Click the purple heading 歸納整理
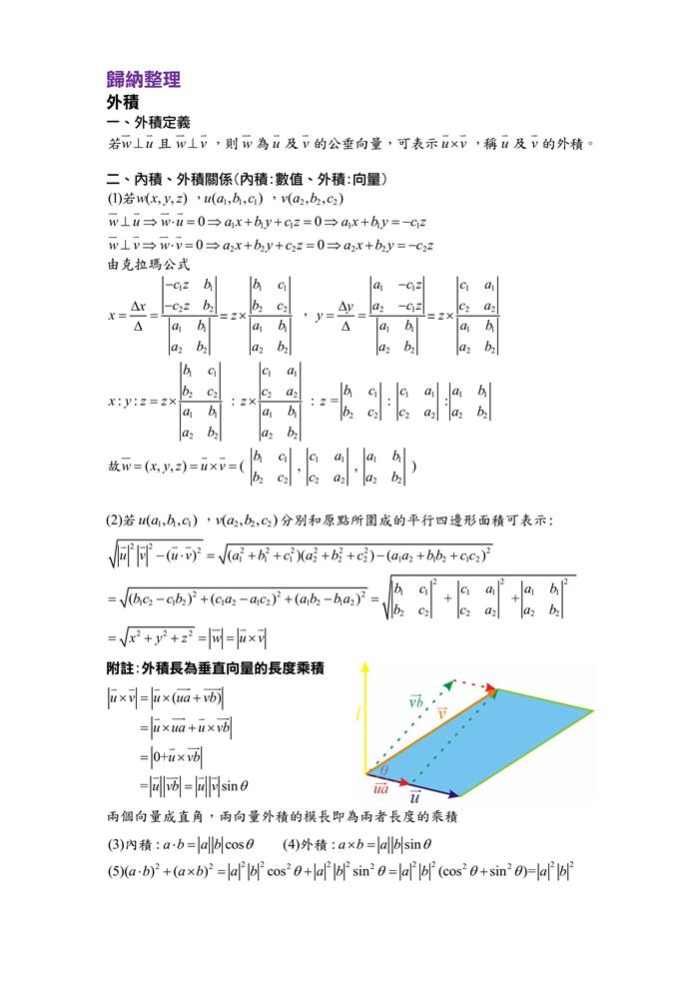tap(143, 79)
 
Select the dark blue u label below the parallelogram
tap(413, 799)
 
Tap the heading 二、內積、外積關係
tap(247, 179)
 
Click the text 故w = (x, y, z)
tap(148, 467)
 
